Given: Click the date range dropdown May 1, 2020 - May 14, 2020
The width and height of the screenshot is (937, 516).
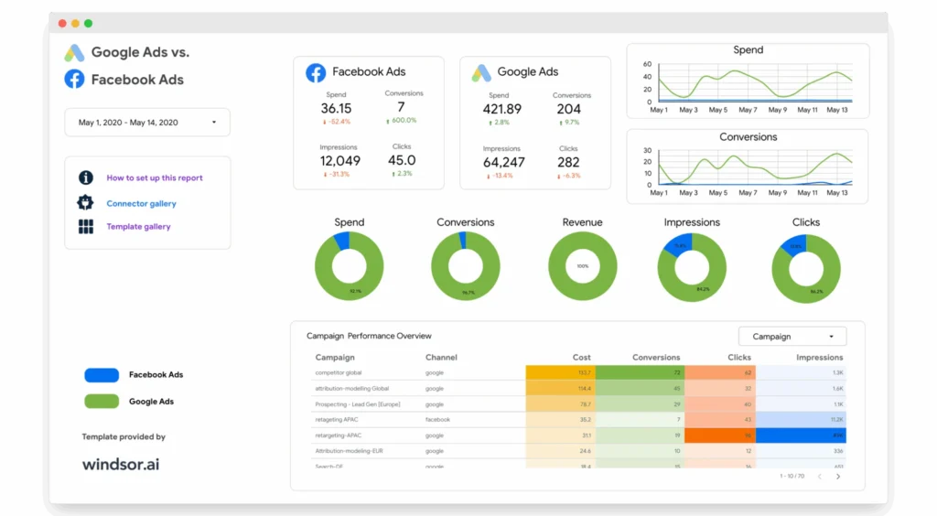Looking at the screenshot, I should [146, 123].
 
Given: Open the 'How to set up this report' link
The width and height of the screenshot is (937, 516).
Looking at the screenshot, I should [154, 178].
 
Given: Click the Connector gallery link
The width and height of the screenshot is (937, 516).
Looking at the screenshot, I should [141, 204].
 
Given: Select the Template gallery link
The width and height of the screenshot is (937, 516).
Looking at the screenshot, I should [138, 227].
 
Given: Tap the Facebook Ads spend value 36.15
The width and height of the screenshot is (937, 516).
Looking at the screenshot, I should [336, 109].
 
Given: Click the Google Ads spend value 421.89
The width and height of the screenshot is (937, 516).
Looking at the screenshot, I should [501, 109].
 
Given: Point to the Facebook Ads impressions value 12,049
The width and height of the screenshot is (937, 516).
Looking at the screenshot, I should [339, 161].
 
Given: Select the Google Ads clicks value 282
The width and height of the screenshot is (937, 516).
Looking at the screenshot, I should [568, 163].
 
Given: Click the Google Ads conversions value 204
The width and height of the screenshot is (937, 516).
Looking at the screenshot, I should [568, 109].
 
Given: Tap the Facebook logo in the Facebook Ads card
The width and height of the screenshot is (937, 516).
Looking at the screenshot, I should [316, 72].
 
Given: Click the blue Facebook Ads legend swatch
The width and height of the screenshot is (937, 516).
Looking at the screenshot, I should [102, 375].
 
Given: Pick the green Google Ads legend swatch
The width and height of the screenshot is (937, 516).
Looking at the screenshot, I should [102, 401].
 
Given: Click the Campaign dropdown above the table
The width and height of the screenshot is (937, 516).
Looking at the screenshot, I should [792, 336].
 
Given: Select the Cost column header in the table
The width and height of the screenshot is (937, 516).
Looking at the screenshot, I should [581, 358].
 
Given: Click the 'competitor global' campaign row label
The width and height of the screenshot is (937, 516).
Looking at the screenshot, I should [339, 373].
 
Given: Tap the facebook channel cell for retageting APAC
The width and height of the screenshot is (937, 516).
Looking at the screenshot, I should [437, 419].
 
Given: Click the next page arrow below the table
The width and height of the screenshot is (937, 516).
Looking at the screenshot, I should [838, 477].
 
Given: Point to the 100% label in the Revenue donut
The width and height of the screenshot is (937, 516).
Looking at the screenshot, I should [582, 266].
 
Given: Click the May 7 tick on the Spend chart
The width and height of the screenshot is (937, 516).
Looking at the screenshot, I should [748, 110].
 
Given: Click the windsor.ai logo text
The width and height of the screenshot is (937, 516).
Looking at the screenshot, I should [121, 464].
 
